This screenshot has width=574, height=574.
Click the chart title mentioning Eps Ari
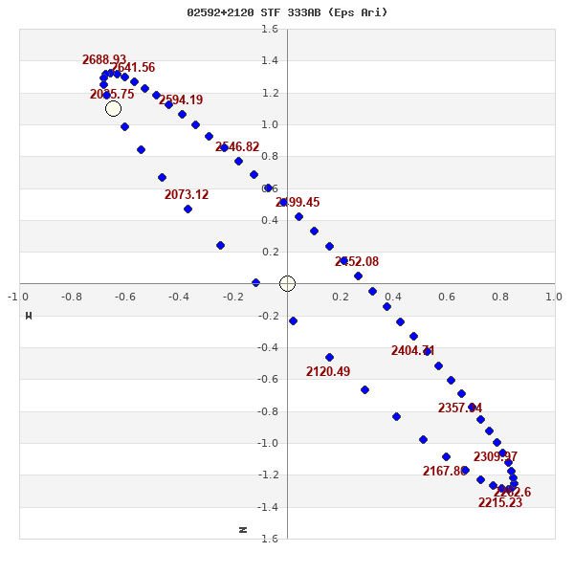(x=287, y=12)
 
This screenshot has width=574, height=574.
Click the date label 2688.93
(x=104, y=60)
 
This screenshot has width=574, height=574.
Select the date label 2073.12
(x=187, y=195)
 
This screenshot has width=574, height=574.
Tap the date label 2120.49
(x=328, y=372)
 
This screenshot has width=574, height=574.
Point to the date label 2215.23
(x=500, y=503)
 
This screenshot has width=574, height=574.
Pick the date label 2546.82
(x=237, y=147)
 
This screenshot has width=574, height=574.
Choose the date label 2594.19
(x=181, y=100)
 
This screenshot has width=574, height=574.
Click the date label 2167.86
(x=445, y=472)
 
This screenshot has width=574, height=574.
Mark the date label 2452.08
(x=357, y=262)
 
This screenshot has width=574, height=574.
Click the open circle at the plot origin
(x=287, y=284)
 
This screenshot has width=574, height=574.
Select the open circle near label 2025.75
(x=113, y=109)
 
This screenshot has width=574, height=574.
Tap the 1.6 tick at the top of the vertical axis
(x=270, y=30)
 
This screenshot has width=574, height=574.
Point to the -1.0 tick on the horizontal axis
(x=18, y=297)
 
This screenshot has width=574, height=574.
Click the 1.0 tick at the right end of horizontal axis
(x=554, y=297)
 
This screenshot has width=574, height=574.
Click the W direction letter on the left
(x=29, y=316)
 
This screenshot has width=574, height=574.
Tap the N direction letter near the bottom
(x=243, y=529)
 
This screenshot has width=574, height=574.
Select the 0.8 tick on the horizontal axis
(x=500, y=297)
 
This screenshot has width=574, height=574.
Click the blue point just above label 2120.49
(x=329, y=357)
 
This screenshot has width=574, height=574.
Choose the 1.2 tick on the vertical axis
(x=270, y=93)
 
